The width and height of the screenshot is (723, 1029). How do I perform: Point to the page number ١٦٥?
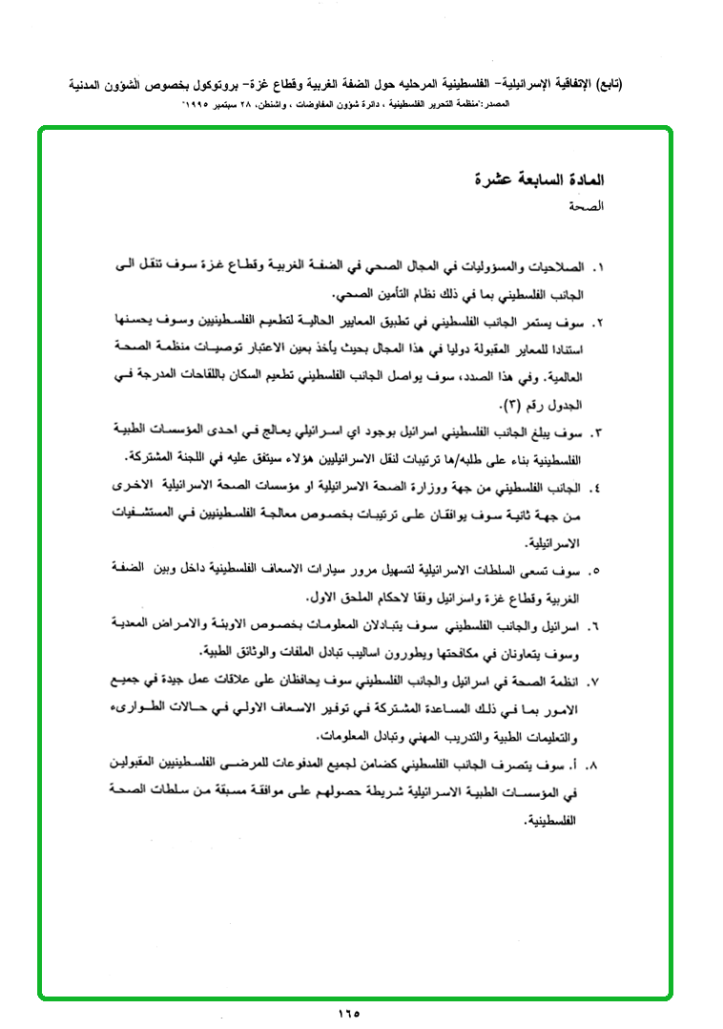(x=348, y=1013)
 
